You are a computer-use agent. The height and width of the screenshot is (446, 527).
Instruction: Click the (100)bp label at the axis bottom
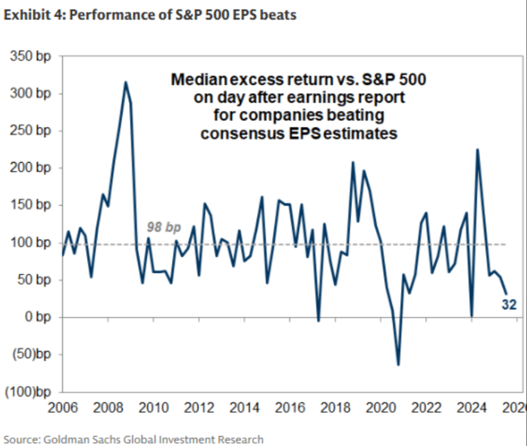pyautogui.click(x=28, y=393)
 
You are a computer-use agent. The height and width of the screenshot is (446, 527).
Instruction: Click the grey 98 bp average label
pyautogui.click(x=165, y=228)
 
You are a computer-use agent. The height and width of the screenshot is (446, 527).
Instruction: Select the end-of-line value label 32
pyautogui.click(x=509, y=305)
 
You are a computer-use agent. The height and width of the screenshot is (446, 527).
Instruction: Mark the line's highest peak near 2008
pyautogui.click(x=126, y=82)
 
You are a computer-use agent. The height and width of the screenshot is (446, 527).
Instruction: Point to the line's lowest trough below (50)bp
pyautogui.click(x=398, y=365)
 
